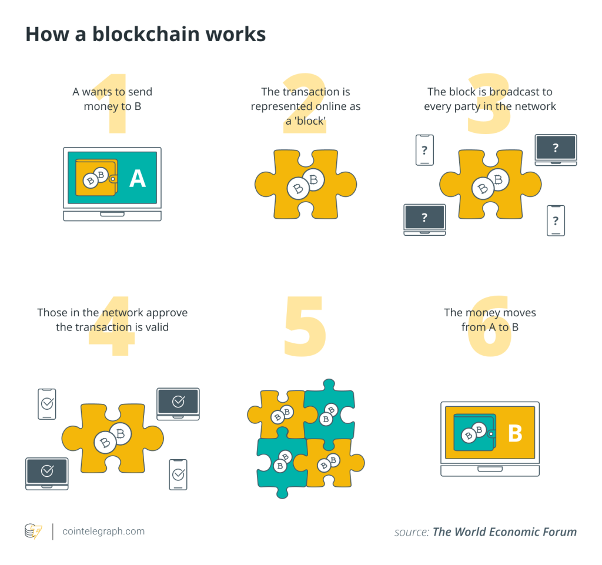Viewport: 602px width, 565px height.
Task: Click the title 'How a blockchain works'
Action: pos(145,34)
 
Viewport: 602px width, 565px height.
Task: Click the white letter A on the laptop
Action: pos(138,178)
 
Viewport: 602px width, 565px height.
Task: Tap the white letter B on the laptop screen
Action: pos(515,433)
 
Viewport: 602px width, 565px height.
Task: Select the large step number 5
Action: pos(304,327)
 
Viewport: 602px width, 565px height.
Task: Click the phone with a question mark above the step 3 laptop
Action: pos(424,150)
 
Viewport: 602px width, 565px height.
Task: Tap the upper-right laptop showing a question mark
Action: pos(556,149)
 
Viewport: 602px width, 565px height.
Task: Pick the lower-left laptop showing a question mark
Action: pos(424,219)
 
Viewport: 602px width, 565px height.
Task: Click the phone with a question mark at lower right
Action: pos(556,220)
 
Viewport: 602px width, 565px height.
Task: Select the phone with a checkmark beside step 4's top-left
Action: pos(47,404)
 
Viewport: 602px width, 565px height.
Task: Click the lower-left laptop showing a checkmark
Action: pos(47,473)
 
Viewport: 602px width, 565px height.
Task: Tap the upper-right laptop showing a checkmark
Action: pos(178,403)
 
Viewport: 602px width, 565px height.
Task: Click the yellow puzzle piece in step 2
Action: pos(306,183)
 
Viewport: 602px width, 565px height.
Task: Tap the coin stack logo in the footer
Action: pos(33,531)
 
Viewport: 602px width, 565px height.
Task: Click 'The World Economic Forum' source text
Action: pos(504,531)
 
